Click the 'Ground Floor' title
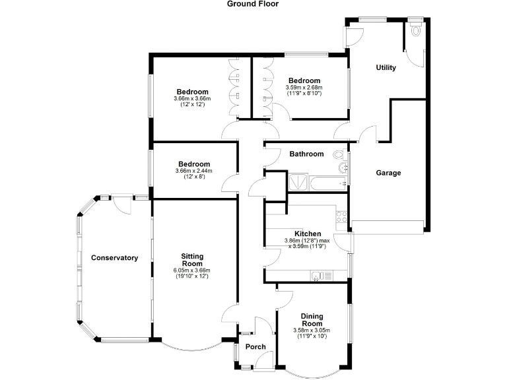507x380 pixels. [x=253, y=4]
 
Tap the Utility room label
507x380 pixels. [x=386, y=67]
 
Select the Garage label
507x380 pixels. [x=388, y=173]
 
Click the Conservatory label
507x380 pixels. [x=114, y=258]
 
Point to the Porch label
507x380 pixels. [x=255, y=347]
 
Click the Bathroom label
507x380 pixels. [x=306, y=154]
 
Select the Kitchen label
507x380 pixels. [x=308, y=234]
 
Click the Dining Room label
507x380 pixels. [x=312, y=320]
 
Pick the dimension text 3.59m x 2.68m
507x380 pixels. [x=304, y=88]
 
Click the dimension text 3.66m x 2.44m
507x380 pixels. [x=193, y=172]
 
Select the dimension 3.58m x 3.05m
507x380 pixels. [x=312, y=331]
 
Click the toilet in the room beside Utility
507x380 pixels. [x=415, y=30]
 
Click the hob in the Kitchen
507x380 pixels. [x=343, y=215]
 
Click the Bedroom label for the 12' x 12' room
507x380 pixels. [x=192, y=92]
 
